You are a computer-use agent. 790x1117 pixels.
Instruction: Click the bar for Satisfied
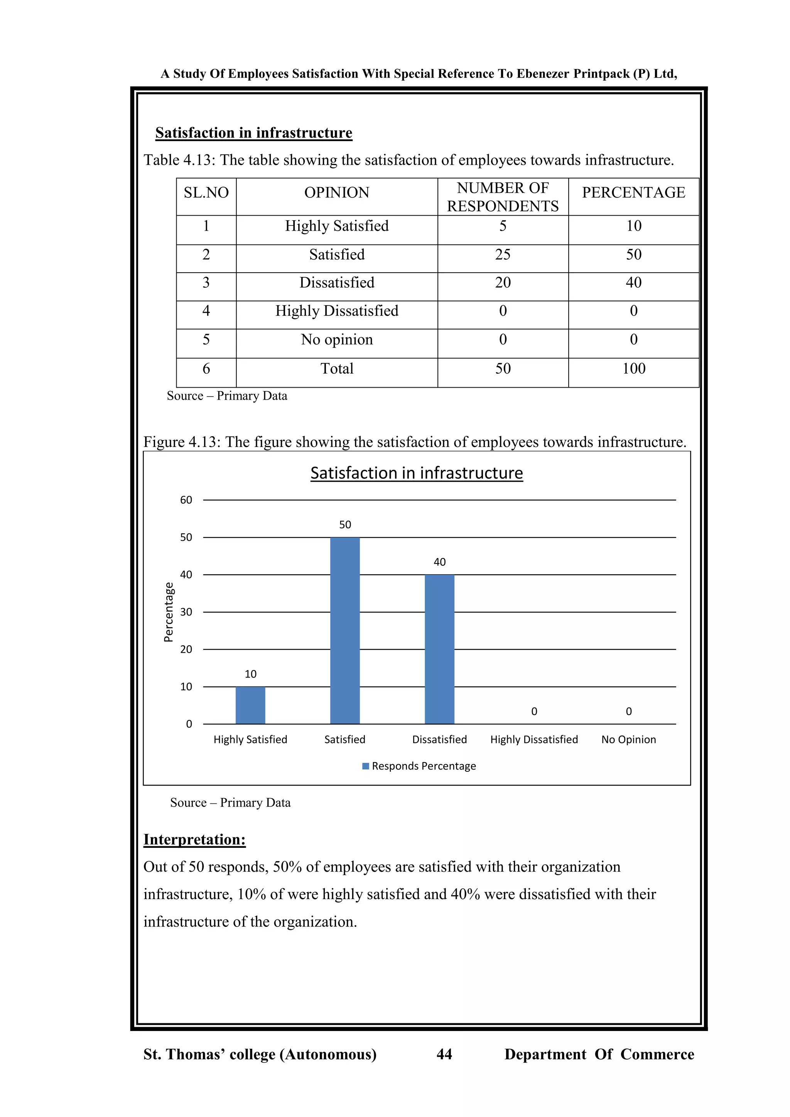pos(345,631)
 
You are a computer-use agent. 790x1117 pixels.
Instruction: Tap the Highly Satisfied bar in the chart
pos(250,705)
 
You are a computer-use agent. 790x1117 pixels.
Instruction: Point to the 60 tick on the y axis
pos(186,500)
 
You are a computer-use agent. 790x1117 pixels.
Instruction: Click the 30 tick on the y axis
pos(186,612)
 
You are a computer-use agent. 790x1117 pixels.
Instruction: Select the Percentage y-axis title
pos(168,612)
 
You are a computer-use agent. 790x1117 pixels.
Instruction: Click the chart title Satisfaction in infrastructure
pos(416,473)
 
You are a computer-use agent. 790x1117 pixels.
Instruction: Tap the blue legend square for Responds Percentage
pos(366,766)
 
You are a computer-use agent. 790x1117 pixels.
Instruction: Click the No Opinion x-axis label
pos(628,739)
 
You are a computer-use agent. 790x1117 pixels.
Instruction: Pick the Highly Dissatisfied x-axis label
pos(533,739)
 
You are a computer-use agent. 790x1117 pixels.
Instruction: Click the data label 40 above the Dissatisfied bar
pos(439,562)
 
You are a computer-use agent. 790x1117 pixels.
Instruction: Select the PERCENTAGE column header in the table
pos(633,192)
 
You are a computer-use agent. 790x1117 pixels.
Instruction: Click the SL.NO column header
pos(206,192)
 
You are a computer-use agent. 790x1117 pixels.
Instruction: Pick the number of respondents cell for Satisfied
pos(503,255)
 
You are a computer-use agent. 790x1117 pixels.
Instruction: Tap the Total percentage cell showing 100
pos(633,369)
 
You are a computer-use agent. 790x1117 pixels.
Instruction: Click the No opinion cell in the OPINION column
pos(337,339)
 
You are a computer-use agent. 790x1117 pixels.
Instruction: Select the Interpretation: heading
pos(194,840)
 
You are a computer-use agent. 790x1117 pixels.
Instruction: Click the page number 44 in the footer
pos(444,1054)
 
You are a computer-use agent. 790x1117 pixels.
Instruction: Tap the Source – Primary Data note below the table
pos(227,396)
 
